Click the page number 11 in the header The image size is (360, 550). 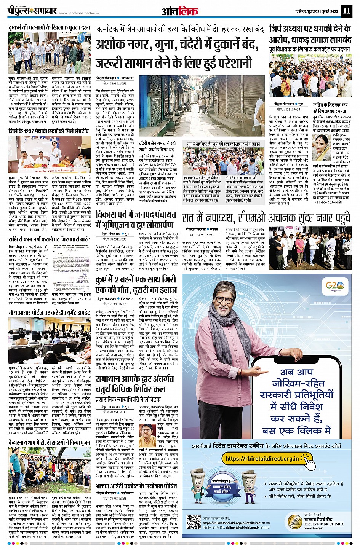click(x=346, y=11)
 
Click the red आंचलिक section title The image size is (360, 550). click(x=180, y=11)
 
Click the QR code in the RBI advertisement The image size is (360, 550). click(x=194, y=521)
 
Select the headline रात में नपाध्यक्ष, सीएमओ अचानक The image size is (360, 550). click(x=266, y=218)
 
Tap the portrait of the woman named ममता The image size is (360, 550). click(x=321, y=147)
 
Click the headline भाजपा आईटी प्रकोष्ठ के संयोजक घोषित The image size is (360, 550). click(x=136, y=486)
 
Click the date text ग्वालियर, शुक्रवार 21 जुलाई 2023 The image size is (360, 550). click(x=317, y=11)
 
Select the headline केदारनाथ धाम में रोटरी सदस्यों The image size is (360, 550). click(x=50, y=442)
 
